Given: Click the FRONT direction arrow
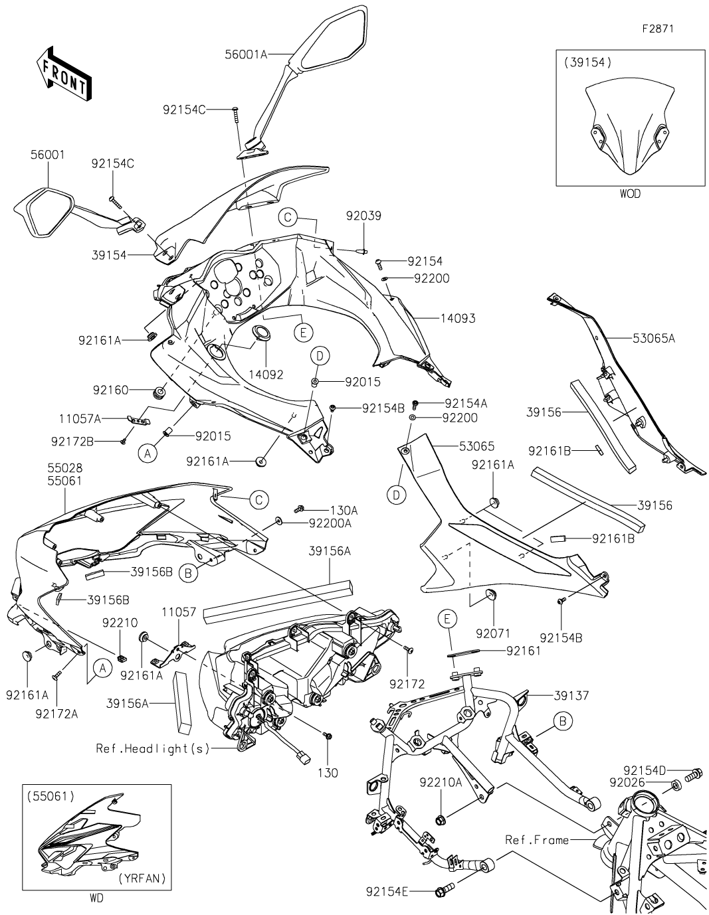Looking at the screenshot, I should pyautogui.click(x=64, y=72).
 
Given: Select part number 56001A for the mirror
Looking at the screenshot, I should pyautogui.click(x=245, y=55).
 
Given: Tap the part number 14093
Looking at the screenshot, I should pyautogui.click(x=458, y=318).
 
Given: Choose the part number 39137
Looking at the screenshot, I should pyautogui.click(x=573, y=695).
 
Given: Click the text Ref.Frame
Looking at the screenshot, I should pyautogui.click(x=537, y=840).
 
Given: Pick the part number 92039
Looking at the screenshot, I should pyautogui.click(x=363, y=216).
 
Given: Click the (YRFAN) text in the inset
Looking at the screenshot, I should pyautogui.click(x=142, y=878).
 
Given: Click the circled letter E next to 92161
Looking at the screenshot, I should pyautogui.click(x=448, y=620).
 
